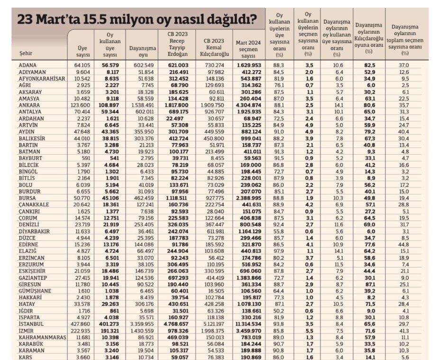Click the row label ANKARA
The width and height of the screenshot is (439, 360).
[30, 105]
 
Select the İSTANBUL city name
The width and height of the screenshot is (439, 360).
[32, 323]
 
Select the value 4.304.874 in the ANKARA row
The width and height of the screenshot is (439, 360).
[248, 105]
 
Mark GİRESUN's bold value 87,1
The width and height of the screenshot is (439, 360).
[369, 284]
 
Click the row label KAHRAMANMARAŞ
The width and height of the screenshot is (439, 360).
[41, 336]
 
